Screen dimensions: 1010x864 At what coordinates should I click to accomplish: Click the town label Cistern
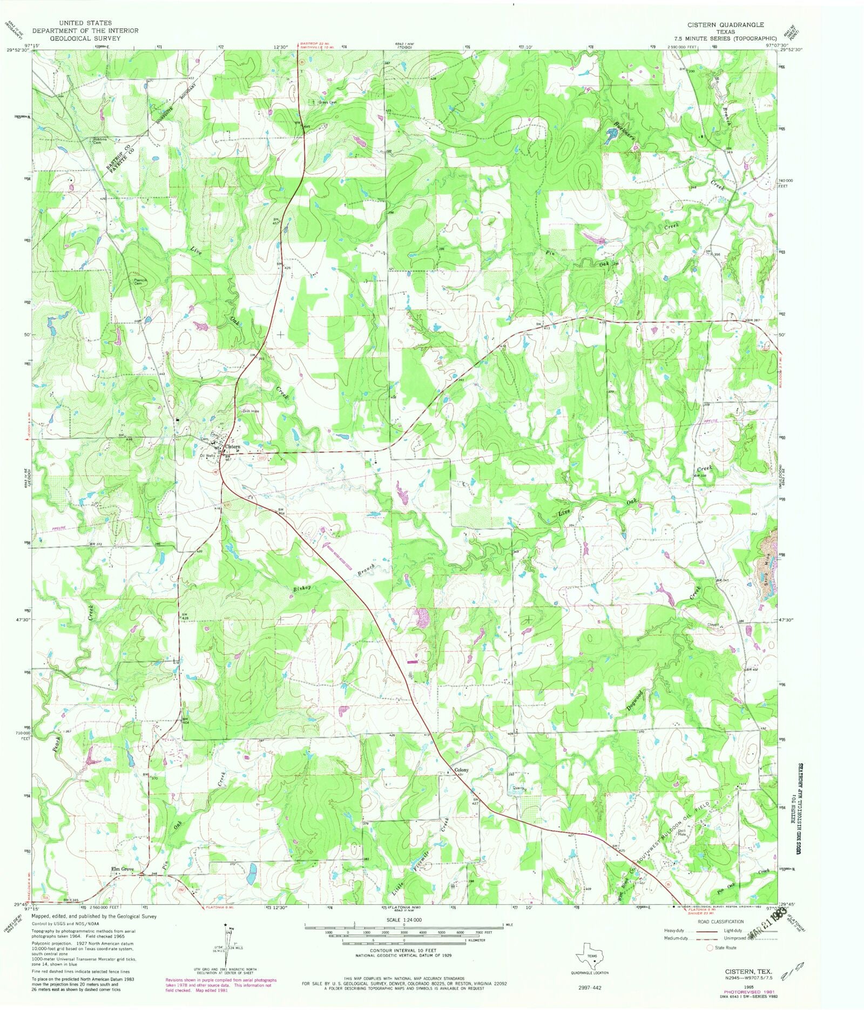click(x=232, y=447)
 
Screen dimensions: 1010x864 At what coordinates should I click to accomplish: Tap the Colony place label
click(x=461, y=770)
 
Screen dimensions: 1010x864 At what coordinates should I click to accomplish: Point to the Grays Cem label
click(x=327, y=102)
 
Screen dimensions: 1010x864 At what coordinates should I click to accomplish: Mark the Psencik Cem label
click(x=141, y=282)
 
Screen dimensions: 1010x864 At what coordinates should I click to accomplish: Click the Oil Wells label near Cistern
click(x=207, y=456)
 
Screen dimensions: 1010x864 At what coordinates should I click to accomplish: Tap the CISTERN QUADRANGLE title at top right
click(x=725, y=25)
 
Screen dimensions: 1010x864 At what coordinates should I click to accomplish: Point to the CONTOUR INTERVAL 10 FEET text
click(x=403, y=951)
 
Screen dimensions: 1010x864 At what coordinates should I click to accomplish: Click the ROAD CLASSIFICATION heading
click(x=720, y=921)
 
